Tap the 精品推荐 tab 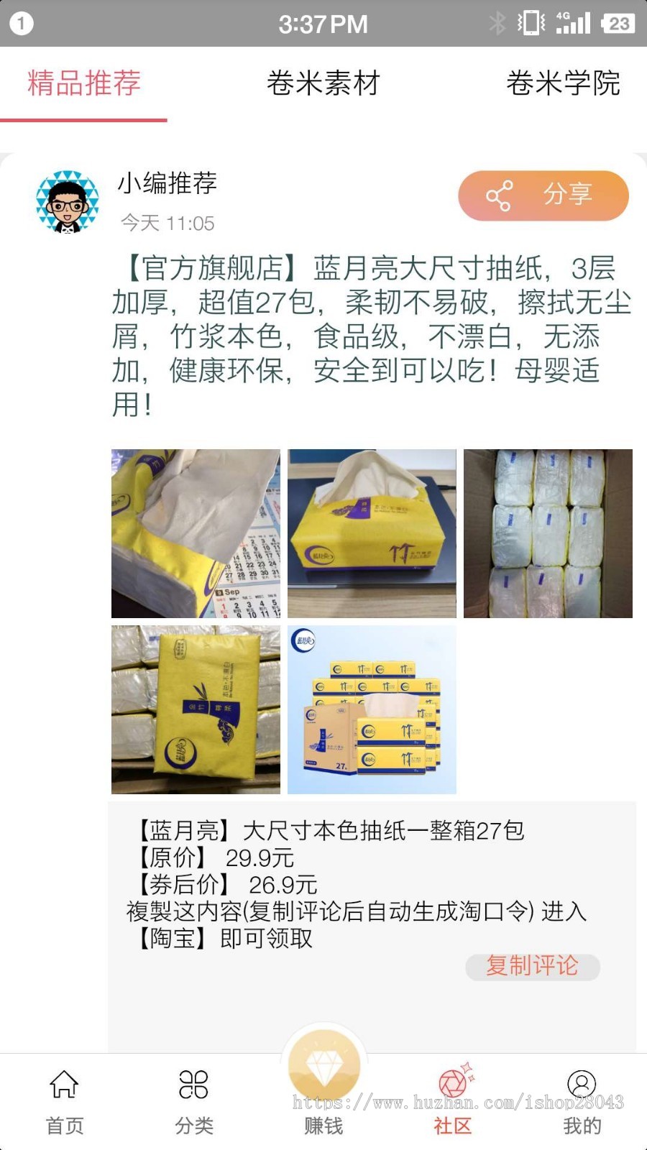[x=84, y=83]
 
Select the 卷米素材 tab [x=323, y=83]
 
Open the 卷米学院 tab [x=563, y=83]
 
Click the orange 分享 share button [x=543, y=195]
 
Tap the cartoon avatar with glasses [x=68, y=202]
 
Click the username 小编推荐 [x=168, y=183]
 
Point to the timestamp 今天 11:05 [x=168, y=223]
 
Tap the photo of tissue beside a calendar [x=196, y=533]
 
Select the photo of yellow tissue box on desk [x=372, y=533]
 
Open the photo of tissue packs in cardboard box [x=548, y=533]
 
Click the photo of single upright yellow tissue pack [x=196, y=709]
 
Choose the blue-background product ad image [x=372, y=709]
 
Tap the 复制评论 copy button [x=532, y=966]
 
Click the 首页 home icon [x=65, y=1085]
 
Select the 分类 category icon [x=194, y=1085]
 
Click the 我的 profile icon [x=582, y=1085]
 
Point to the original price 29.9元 [x=260, y=857]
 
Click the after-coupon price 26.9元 [x=283, y=885]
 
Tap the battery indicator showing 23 [x=618, y=23]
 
